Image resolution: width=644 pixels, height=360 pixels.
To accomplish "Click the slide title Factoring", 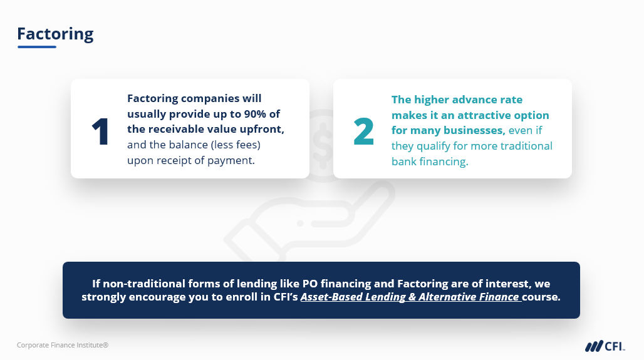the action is [x=56, y=34].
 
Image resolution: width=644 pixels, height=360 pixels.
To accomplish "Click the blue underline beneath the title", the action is [x=37, y=47].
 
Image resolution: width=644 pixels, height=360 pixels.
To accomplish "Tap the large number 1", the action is [x=100, y=131].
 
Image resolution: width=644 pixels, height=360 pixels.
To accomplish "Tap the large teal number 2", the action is [x=363, y=131].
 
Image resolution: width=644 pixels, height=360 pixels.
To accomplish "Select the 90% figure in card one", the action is [x=255, y=114].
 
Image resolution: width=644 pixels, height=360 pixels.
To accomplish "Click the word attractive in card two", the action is [x=484, y=115].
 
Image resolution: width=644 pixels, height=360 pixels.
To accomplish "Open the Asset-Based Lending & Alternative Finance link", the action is [x=411, y=297].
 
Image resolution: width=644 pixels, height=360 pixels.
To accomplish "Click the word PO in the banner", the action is [x=310, y=284].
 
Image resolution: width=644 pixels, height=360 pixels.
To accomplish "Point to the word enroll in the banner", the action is [x=242, y=297].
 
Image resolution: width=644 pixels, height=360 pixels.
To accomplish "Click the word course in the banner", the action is [x=541, y=297].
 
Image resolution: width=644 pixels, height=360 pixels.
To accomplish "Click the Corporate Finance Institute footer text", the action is [x=63, y=345].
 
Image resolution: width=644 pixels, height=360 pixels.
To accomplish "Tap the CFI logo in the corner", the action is [x=605, y=346].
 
